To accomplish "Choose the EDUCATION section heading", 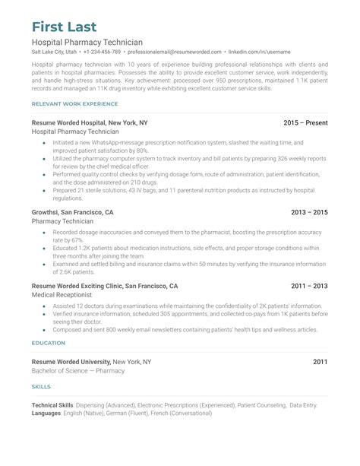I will tap(48, 343).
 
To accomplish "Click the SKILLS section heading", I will tap(41, 388).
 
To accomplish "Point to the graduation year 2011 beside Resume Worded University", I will tap(320, 361).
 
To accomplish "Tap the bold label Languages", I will tap(47, 414).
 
